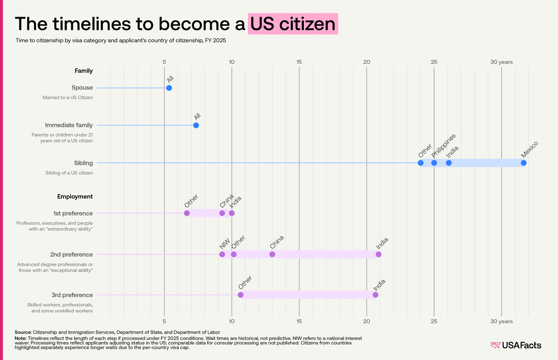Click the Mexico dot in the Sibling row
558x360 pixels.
tap(523, 163)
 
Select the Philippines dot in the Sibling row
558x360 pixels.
tap(434, 163)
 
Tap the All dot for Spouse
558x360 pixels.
tap(169, 88)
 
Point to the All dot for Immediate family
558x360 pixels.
tap(196, 125)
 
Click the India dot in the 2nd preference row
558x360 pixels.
tap(379, 254)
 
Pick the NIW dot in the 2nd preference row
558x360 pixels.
tap(222, 254)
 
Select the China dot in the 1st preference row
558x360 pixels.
tap(222, 213)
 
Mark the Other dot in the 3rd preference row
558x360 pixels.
tap(241, 295)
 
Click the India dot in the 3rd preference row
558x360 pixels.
tap(376, 295)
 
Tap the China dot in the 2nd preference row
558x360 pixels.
tap(272, 254)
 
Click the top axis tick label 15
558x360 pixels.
tap(299, 62)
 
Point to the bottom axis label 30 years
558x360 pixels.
tap(501, 322)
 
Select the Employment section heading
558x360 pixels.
tap(75, 197)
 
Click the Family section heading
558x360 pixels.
tap(84, 71)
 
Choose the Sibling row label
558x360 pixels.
tap(83, 163)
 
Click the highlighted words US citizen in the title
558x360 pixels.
tap(293, 24)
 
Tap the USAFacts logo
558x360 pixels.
tap(516, 345)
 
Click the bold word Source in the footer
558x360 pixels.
tap(23, 332)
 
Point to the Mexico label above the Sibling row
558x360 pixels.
tap(530, 149)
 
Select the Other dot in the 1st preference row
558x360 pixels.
tap(187, 213)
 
